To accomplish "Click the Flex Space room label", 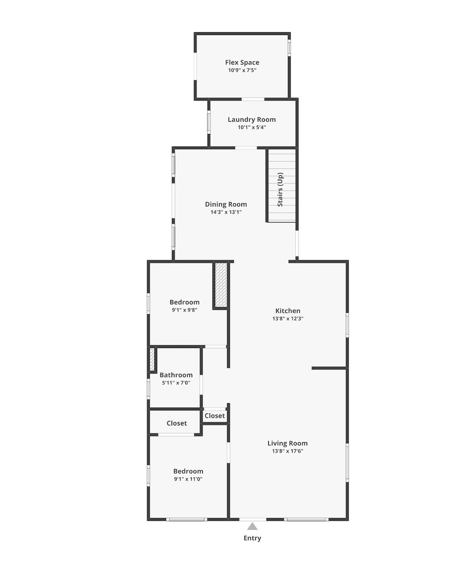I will (x=242, y=62).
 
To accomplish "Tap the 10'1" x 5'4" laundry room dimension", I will (x=252, y=128).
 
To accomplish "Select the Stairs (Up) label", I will (x=280, y=189).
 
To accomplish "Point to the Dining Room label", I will (x=226, y=204).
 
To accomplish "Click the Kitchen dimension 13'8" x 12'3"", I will (x=288, y=319).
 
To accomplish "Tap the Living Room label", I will (x=287, y=443).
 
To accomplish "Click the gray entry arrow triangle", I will (x=252, y=527).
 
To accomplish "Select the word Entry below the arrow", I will (x=252, y=538).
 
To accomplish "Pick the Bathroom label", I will (x=176, y=375).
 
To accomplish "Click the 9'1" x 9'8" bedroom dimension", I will (x=185, y=310).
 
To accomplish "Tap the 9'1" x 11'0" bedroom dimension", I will (x=188, y=479).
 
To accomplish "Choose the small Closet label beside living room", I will (x=215, y=415).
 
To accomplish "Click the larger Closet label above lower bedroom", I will (x=177, y=423).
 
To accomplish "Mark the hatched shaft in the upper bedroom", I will (x=221, y=285).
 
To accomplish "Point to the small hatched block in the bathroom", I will (x=152, y=359).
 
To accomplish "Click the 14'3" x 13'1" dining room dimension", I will (x=226, y=212).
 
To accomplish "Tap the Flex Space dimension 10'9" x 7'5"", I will (x=242, y=70).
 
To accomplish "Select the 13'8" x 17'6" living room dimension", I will (x=287, y=451).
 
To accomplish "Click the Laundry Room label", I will (x=252, y=120).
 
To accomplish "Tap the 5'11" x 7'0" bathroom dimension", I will (x=176, y=383).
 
